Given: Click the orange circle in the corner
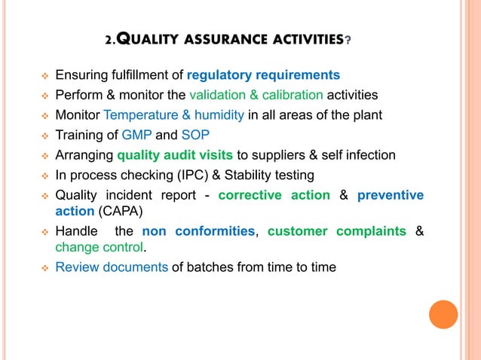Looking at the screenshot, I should [443, 315].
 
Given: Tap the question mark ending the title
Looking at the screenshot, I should [347, 41].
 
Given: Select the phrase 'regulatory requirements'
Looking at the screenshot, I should [263, 75].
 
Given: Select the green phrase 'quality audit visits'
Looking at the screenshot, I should [175, 156].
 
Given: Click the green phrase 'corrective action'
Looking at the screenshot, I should [274, 195].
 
